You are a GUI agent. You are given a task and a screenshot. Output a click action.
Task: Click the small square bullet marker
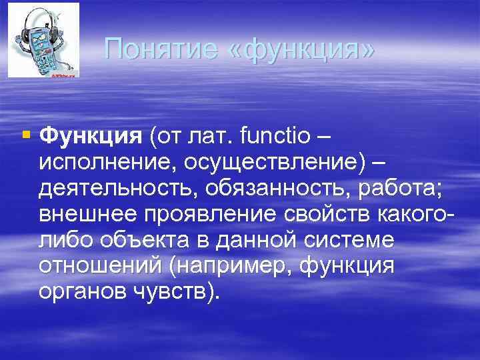pos(26,135)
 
